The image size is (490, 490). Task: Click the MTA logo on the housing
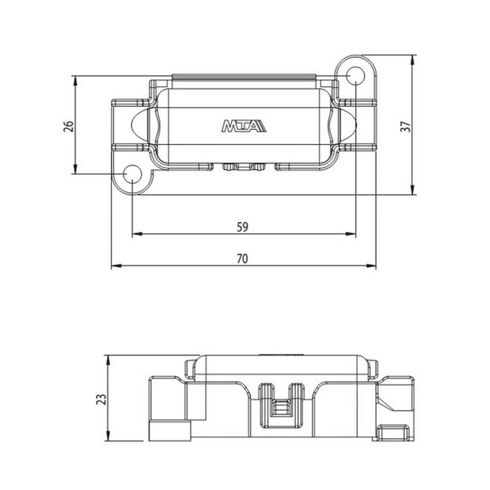pyautogui.click(x=244, y=126)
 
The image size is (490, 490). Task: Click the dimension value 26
pyautogui.click(x=69, y=125)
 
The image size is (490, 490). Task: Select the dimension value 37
pyautogui.click(x=405, y=126)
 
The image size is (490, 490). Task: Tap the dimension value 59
pyautogui.click(x=243, y=227)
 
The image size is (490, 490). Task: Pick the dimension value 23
pyautogui.click(x=100, y=399)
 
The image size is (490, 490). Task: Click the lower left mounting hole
pyautogui.click(x=132, y=175)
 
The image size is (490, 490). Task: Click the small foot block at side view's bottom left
pyautogui.click(x=169, y=430)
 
